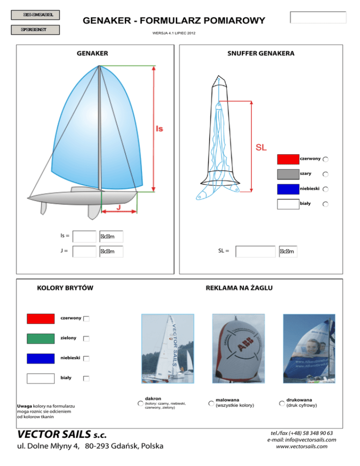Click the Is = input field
pyautogui.click(x=85, y=236)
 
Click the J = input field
pyautogui.click(x=85, y=252)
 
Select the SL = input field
pyautogui.click(x=255, y=252)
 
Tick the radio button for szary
pyautogui.click(x=325, y=174)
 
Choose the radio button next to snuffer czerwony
pyautogui.click(x=325, y=159)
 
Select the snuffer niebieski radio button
pyautogui.click(x=325, y=189)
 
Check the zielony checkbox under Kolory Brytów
pyautogui.click(x=87, y=338)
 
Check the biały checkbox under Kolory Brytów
pyautogui.click(x=87, y=378)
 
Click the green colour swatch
pyautogui.click(x=41, y=338)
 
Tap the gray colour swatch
pyautogui.click(x=288, y=174)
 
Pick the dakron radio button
pyautogui.click(x=140, y=403)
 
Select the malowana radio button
pyautogui.click(x=211, y=403)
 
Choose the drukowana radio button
pyautogui.click(x=282, y=403)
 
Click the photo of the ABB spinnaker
pyautogui.click(x=238, y=348)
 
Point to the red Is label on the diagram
pyautogui.click(x=159, y=128)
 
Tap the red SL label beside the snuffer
pyautogui.click(x=261, y=147)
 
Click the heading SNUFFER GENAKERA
pyautogui.click(x=261, y=53)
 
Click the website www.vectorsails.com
pyautogui.click(x=301, y=447)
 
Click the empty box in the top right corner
pyautogui.click(x=318, y=17)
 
